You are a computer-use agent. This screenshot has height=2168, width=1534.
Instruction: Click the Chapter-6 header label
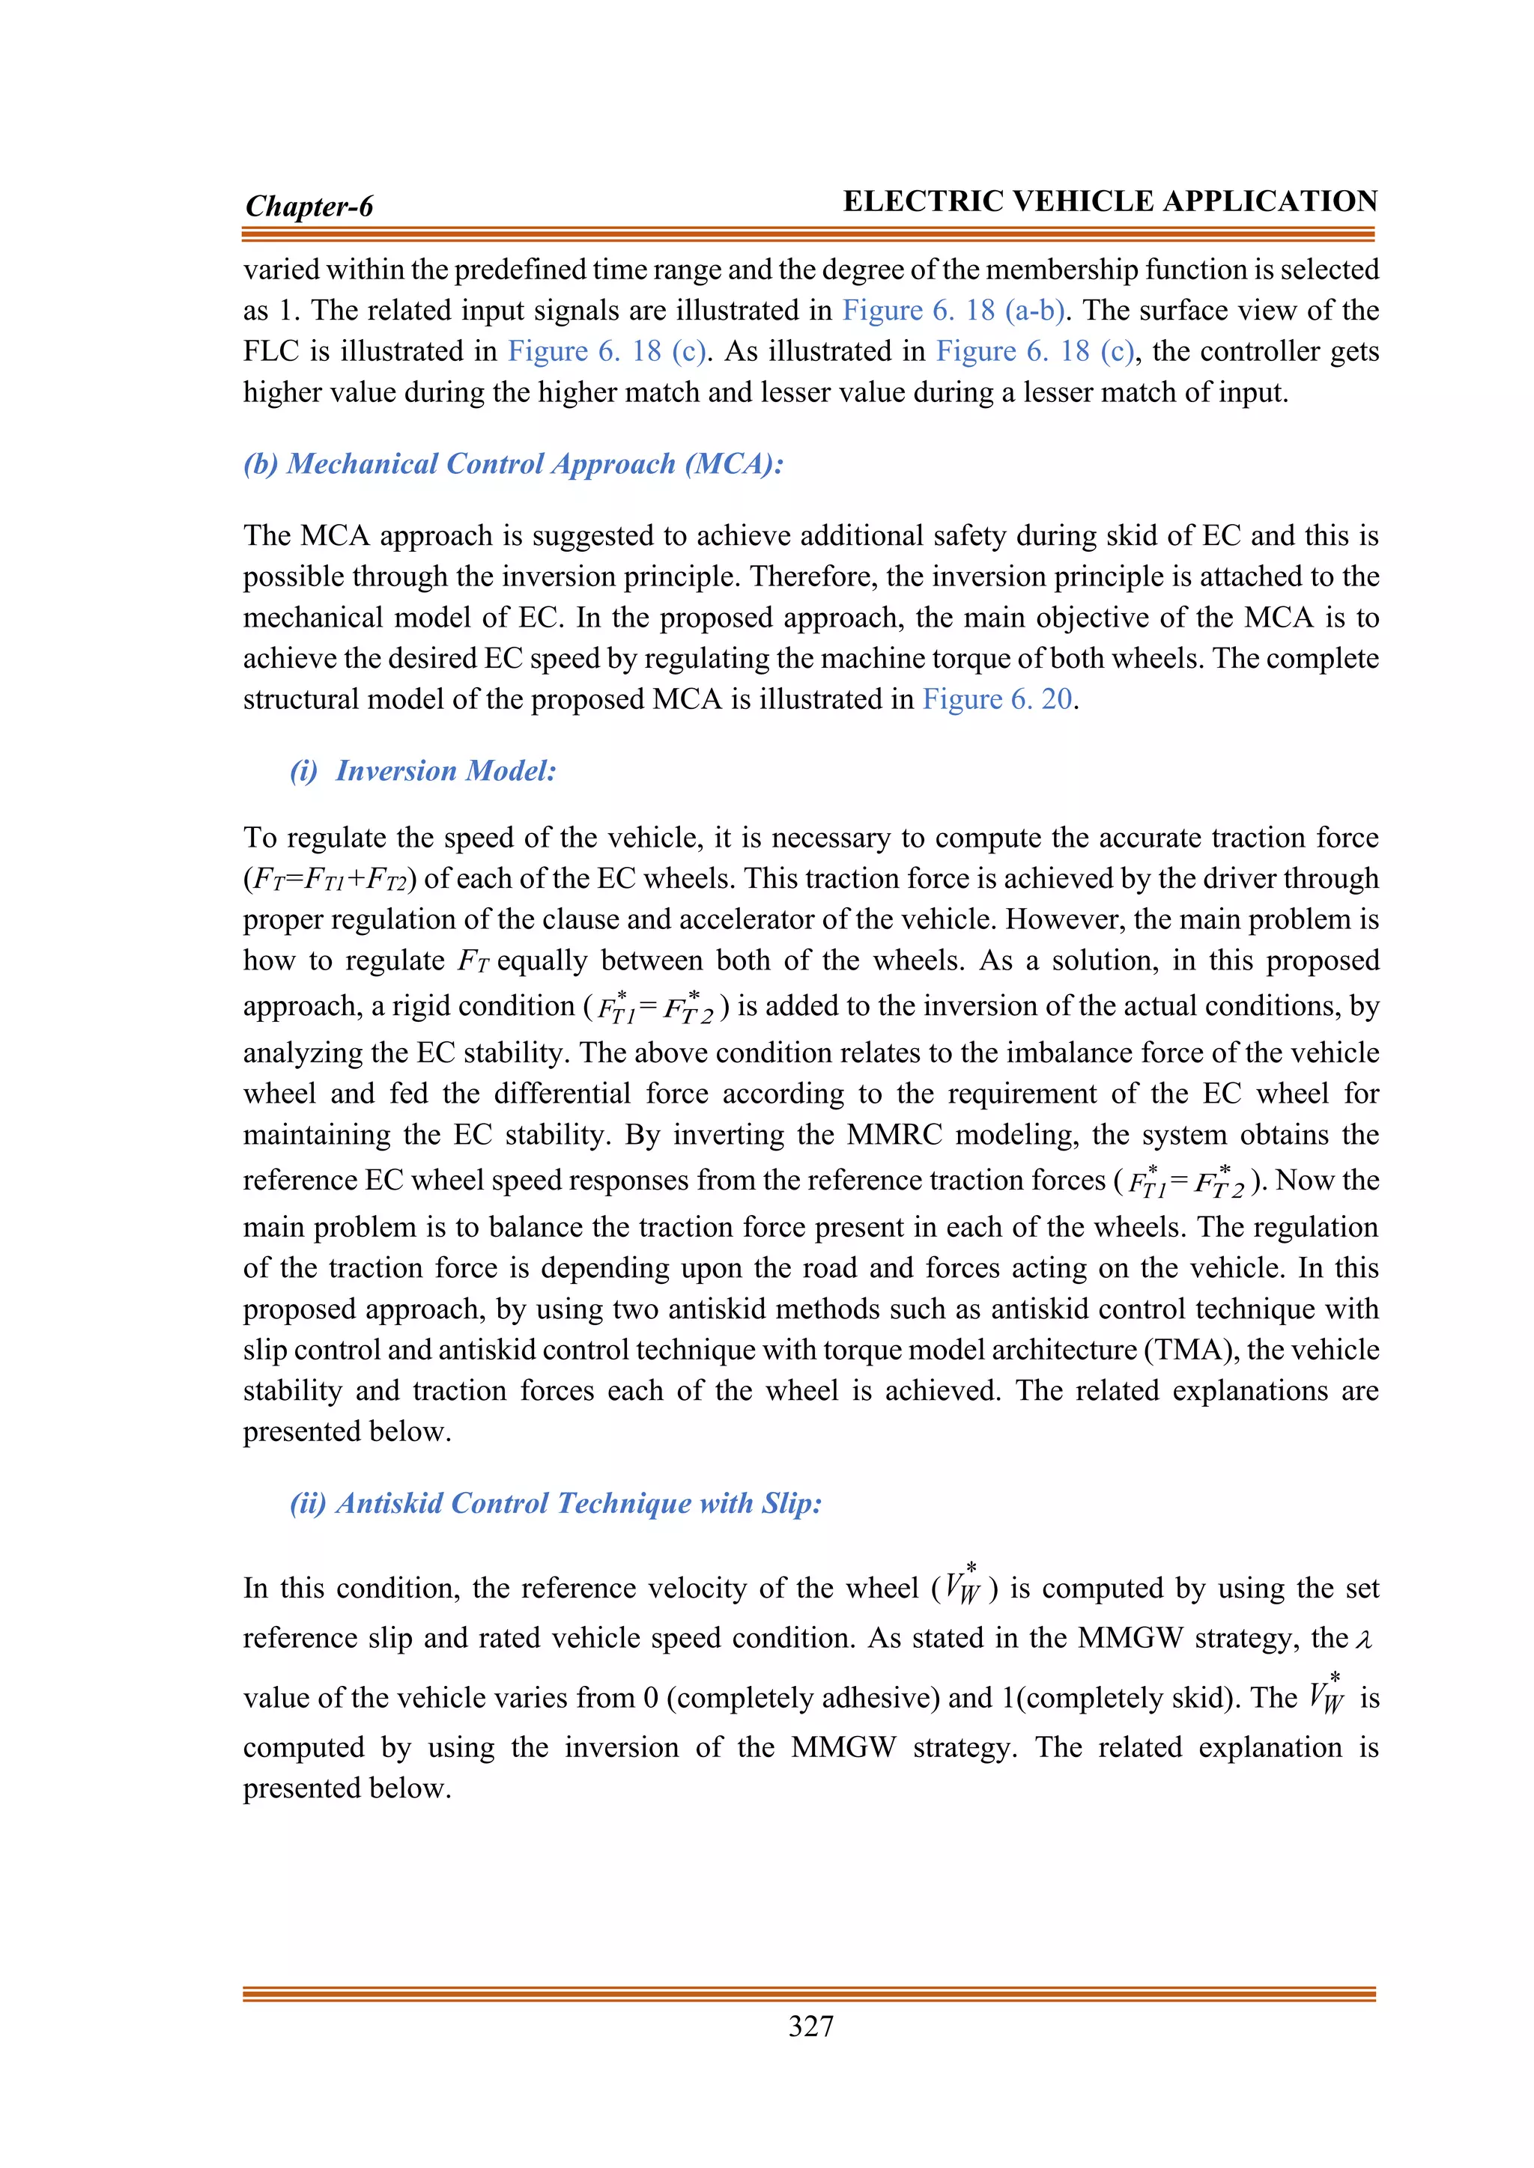[309, 206]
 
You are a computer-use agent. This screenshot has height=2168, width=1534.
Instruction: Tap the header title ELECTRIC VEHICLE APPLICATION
[1110, 201]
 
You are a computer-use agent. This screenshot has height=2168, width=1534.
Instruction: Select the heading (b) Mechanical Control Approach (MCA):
[513, 463]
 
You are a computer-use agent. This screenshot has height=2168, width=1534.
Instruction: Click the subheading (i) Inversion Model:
[423, 770]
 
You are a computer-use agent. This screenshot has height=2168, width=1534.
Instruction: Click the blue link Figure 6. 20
[998, 698]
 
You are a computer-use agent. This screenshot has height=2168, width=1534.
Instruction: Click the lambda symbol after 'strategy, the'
[1362, 1640]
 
